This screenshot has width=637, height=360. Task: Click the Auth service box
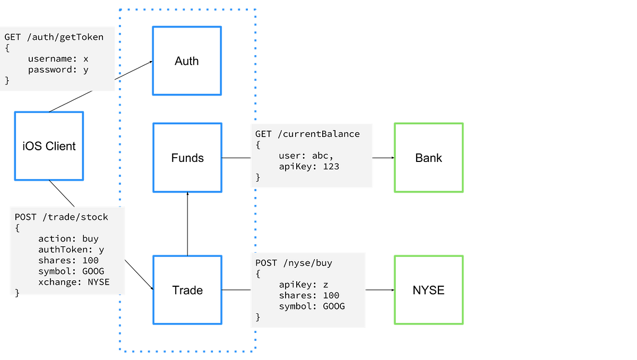(186, 61)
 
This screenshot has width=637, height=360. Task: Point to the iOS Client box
(49, 146)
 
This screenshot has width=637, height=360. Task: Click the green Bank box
(428, 158)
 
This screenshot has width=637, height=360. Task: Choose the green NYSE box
(428, 290)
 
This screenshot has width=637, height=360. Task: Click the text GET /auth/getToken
(54, 37)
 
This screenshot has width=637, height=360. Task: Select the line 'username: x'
(58, 59)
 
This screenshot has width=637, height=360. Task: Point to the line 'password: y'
(58, 70)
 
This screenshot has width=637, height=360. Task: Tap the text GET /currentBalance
(307, 134)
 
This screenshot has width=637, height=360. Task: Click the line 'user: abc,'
(306, 156)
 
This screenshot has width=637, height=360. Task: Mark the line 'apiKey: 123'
(309, 166)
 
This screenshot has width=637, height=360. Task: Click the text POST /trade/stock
(61, 217)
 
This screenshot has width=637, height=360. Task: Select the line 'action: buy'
(68, 238)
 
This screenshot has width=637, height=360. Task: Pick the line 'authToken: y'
(71, 250)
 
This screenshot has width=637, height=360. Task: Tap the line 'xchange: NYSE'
(74, 282)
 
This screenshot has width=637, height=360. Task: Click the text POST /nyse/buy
(294, 263)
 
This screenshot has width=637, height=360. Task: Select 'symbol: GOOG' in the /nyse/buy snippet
(312, 306)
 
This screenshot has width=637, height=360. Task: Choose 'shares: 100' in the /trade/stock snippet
(68, 260)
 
